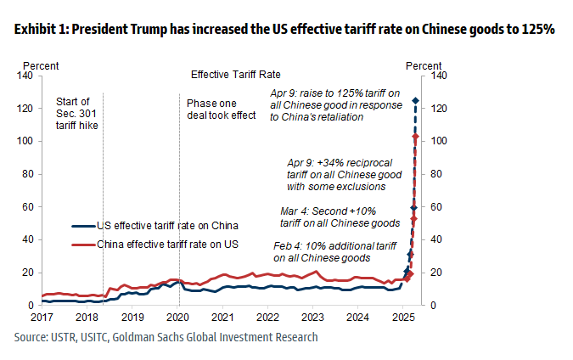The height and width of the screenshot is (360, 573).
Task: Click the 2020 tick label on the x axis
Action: tap(178, 318)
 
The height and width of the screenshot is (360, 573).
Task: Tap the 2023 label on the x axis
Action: tap(313, 318)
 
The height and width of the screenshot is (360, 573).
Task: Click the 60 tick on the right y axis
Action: tap(440, 207)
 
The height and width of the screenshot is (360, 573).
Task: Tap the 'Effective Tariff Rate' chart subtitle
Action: tap(236, 75)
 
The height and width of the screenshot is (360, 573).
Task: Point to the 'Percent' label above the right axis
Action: tap(424, 65)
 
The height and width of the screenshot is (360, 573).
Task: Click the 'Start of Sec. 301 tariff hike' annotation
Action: tap(76, 114)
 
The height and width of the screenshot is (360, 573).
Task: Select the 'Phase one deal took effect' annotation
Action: tap(221, 109)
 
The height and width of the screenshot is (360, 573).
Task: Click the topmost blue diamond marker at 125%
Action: tap(415, 101)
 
